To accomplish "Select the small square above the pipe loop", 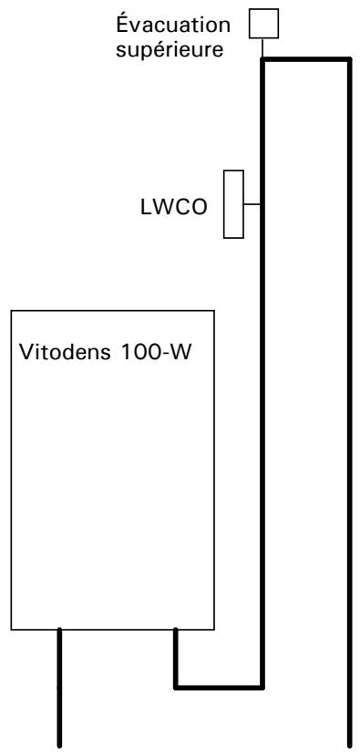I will coord(263,21).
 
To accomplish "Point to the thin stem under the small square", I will coord(263,47).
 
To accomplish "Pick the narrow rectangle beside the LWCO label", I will coord(234,204).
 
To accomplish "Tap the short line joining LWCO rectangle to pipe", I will coord(252,204).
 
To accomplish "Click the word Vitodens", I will coord(62,351).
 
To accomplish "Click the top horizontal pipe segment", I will coord(306,59).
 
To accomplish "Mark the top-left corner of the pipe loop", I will coord(262,59).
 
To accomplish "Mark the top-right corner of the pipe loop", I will coord(350,59).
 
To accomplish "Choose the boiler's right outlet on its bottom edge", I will coord(175,629).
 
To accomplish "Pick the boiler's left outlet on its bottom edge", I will coord(60,629).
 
